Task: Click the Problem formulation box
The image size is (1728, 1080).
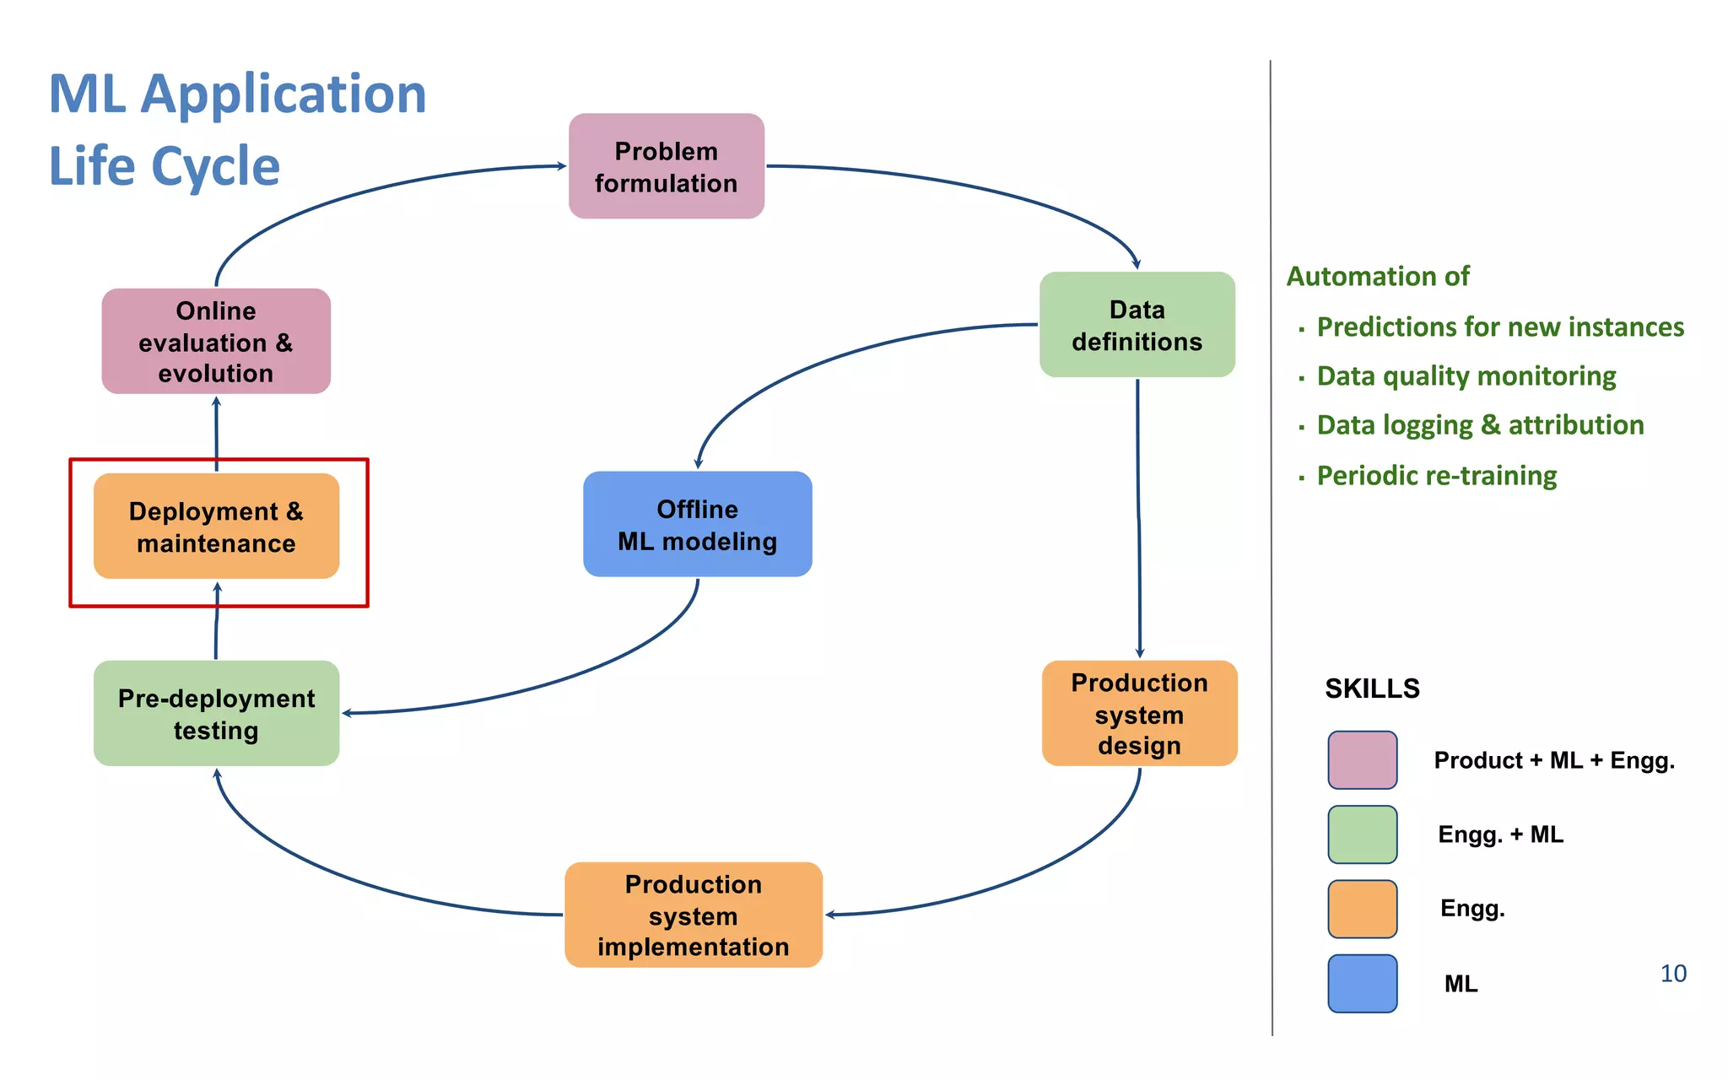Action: click(666, 166)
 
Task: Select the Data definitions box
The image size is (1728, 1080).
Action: click(1137, 325)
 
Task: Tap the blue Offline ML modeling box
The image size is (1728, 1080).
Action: click(697, 524)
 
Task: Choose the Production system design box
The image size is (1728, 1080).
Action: click(1139, 713)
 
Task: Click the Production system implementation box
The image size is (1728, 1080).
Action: click(693, 915)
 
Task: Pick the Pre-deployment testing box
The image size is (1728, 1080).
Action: click(216, 713)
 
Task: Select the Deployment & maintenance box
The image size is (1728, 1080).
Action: click(216, 526)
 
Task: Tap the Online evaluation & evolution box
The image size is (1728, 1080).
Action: click(216, 341)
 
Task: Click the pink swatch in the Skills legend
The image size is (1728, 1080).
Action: click(1362, 760)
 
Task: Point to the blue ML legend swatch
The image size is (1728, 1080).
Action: click(1362, 983)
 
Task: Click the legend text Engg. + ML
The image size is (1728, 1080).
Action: click(1500, 834)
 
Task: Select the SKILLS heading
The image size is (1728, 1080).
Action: click(1372, 688)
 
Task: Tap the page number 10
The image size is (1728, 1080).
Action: click(1672, 974)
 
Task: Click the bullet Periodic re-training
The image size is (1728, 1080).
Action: click(1436, 476)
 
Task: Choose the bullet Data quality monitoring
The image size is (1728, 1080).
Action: click(1466, 376)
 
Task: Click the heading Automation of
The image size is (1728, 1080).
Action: click(1377, 277)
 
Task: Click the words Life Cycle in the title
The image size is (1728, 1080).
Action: click(165, 166)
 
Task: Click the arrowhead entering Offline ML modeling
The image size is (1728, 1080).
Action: click(698, 462)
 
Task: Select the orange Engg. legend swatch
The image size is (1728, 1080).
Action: click(1362, 909)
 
